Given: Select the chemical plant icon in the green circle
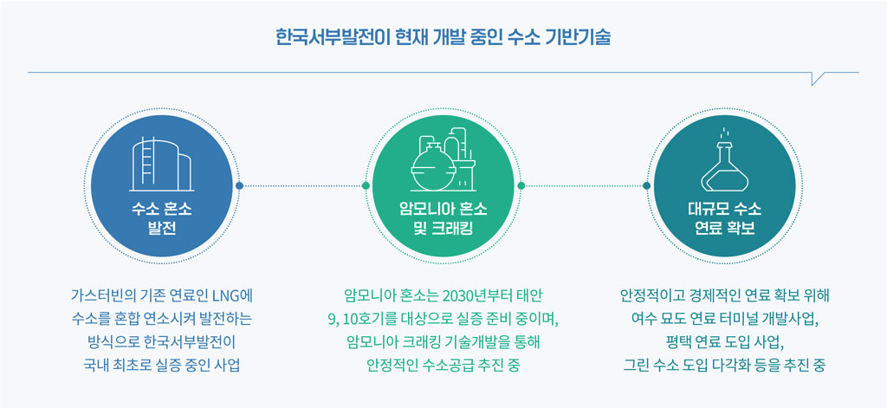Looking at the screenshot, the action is tap(443, 161).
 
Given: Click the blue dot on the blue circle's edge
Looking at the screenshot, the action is tap(239, 185).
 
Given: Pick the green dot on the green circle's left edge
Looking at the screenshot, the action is tap(366, 185).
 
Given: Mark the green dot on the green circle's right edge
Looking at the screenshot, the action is tap(521, 185).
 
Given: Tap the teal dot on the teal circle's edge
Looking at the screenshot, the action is tap(646, 185).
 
